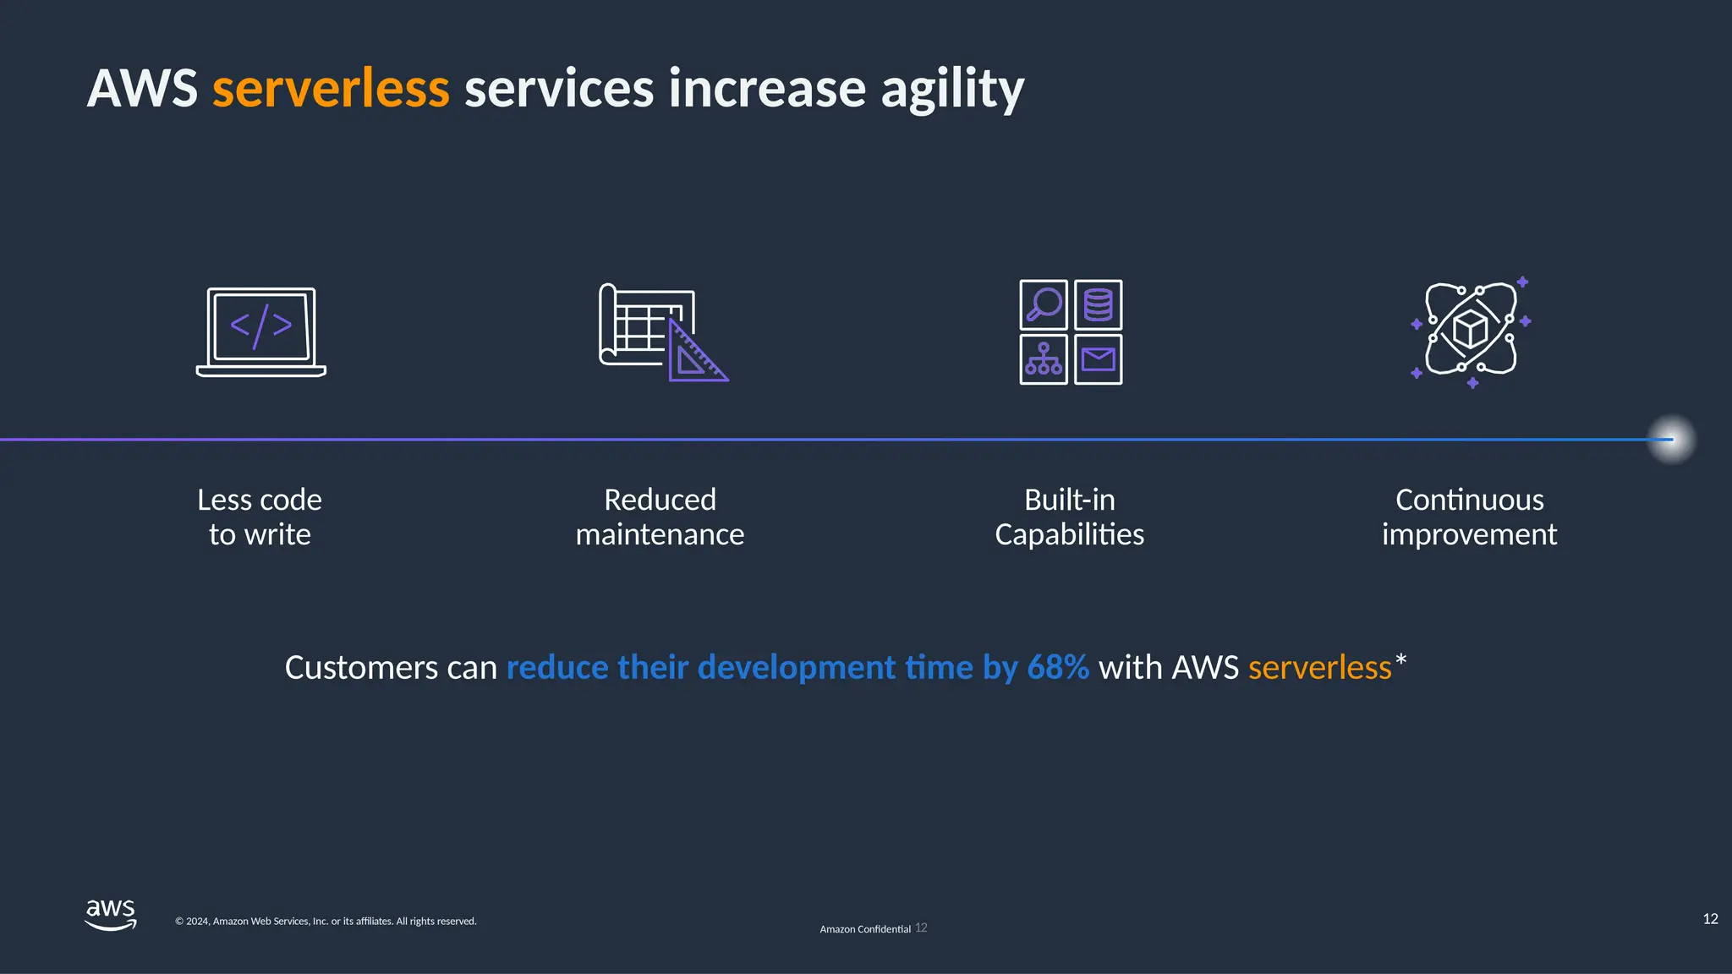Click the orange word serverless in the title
tap(330, 89)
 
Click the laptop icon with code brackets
tap(261, 331)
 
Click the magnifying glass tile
tap(1044, 305)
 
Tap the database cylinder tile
tap(1098, 305)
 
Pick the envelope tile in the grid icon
tap(1098, 359)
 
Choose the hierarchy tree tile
tap(1044, 359)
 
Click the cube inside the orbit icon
tap(1470, 329)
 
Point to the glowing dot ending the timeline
tap(1671, 440)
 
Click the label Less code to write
tap(260, 517)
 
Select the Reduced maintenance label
tap(660, 517)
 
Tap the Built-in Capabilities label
tap(1069, 517)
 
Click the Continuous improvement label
tap(1469, 517)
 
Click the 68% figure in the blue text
tap(1057, 667)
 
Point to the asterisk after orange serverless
tap(1401, 659)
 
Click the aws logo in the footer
tap(111, 915)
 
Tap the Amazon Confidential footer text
tap(864, 929)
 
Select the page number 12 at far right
tap(1710, 919)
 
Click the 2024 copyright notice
tap(326, 922)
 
